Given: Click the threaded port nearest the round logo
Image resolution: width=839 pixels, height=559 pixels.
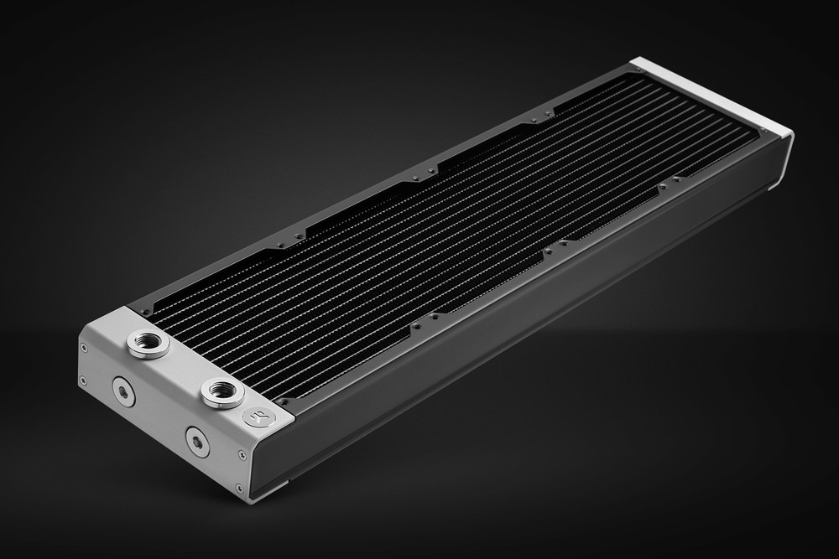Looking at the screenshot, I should pyautogui.click(x=221, y=391).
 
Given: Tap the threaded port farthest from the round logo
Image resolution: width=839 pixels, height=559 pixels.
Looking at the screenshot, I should pyautogui.click(x=145, y=344).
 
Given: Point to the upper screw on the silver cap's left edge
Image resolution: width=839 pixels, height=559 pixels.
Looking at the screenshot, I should pyautogui.click(x=83, y=346).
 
